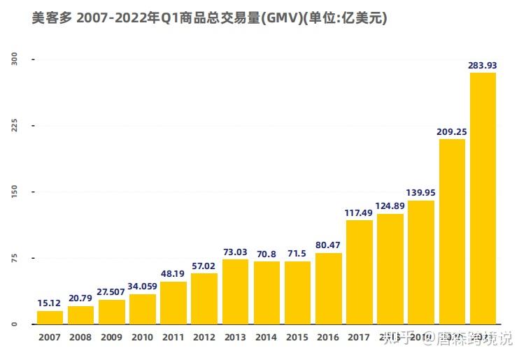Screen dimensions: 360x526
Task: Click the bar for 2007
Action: (50, 317)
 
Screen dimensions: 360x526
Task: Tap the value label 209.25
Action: (452, 131)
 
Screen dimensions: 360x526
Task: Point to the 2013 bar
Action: (235, 291)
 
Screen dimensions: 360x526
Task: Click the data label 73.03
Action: (235, 252)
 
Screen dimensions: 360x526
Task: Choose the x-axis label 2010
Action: (142, 338)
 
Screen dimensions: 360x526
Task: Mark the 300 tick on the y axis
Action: (14, 60)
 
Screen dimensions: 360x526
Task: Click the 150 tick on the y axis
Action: (14, 192)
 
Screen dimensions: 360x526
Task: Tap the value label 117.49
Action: (359, 213)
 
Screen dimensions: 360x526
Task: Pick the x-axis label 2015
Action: (297, 338)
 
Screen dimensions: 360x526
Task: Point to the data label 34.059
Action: (142, 286)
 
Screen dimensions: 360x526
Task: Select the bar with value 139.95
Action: (421, 262)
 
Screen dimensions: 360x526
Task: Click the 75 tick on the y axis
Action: (14, 258)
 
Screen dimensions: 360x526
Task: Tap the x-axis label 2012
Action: (204, 338)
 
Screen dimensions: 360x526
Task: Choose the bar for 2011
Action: (173, 303)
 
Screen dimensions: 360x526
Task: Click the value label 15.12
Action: (50, 303)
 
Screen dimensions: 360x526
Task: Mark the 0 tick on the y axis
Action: (14, 324)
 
